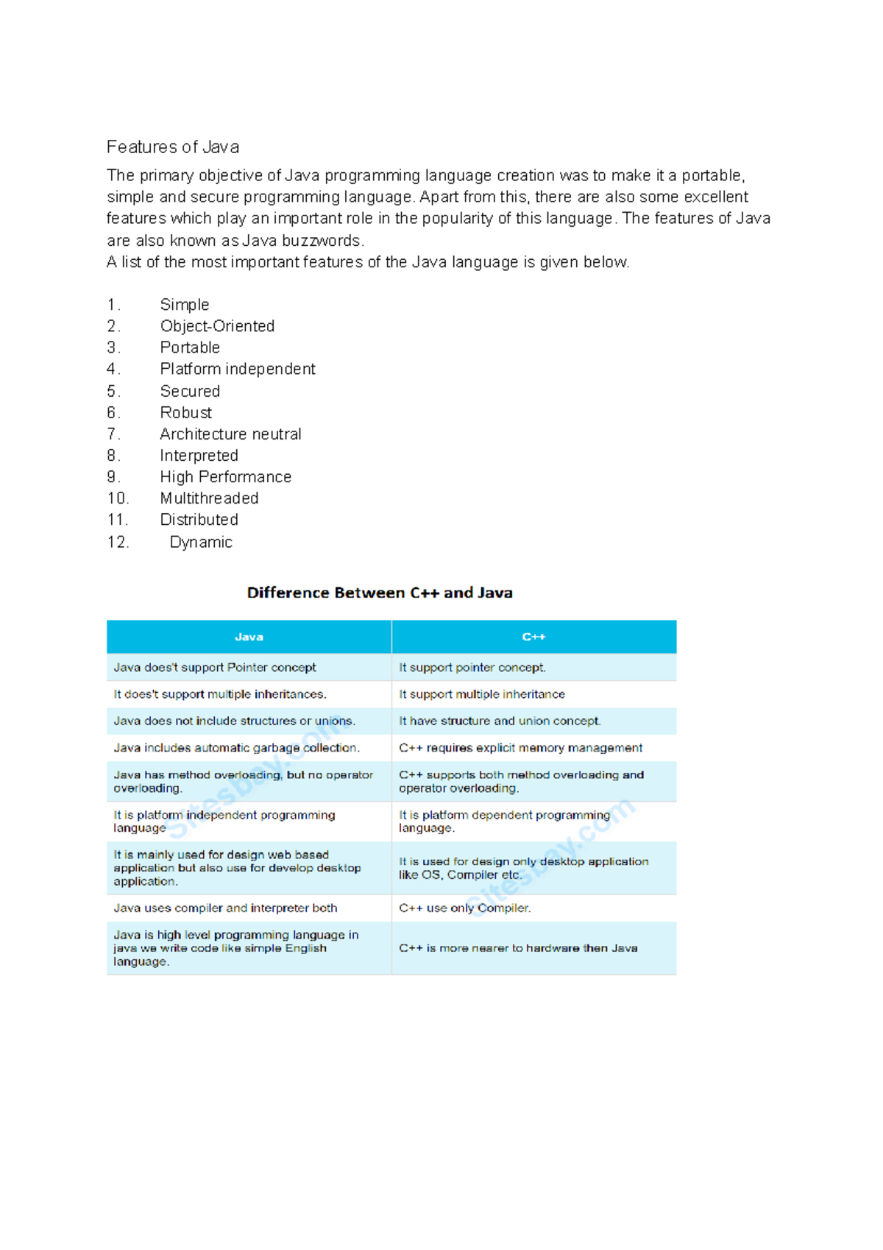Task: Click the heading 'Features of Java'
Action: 173,147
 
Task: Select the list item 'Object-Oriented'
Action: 217,326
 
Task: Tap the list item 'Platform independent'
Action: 238,369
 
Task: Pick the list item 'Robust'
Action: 185,413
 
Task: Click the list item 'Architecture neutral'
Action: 230,434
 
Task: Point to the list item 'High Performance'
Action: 225,477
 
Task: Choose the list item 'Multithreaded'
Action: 209,498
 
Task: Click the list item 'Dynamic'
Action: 201,543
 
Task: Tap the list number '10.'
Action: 118,498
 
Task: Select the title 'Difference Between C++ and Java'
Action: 380,593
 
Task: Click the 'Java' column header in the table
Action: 249,638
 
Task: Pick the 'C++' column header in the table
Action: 533,638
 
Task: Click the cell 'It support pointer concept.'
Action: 472,668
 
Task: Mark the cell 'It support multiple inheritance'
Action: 482,694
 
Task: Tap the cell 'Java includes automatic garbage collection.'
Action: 236,748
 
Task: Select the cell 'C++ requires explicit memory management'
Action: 520,748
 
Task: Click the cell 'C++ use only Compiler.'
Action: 464,908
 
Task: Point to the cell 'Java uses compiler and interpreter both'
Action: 225,908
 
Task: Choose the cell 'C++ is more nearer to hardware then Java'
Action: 518,948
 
